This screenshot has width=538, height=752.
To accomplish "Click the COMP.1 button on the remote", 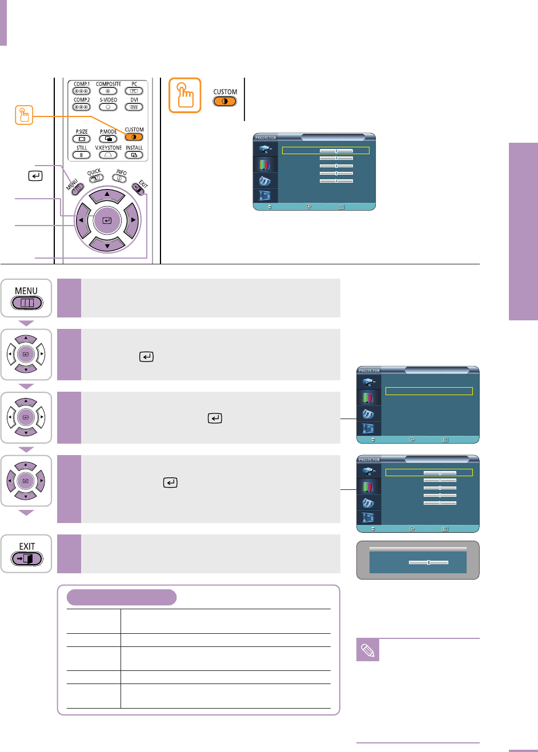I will tap(81, 91).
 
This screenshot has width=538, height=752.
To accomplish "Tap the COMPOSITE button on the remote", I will tap(108, 91).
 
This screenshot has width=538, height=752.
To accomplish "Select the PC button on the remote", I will tap(134, 91).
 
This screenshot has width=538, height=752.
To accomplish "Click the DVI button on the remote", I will tap(134, 107).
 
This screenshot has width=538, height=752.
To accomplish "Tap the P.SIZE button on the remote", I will tap(81, 139).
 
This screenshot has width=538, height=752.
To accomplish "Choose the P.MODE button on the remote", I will tap(108, 139).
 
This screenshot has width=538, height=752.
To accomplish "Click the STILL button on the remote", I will tap(81, 155).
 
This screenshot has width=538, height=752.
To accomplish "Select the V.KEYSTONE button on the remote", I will tap(108, 155).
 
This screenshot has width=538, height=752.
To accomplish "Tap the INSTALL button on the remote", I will tap(134, 155).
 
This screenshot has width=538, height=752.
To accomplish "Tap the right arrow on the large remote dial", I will tap(132, 220).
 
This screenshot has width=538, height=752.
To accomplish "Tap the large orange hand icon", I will tap(185, 95).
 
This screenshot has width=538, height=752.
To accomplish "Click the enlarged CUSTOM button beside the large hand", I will tap(224, 102).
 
